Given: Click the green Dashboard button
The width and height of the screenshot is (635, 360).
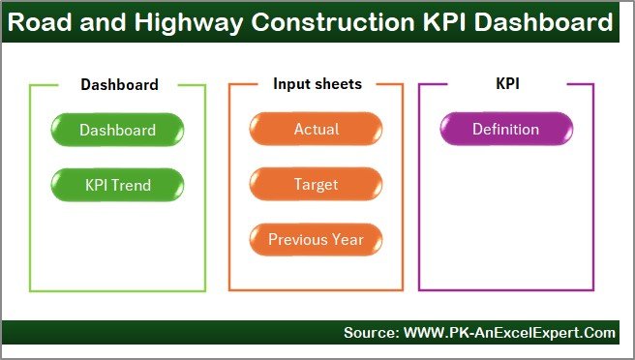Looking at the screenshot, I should click(x=117, y=130).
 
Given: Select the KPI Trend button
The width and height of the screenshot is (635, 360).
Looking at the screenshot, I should click(x=117, y=184).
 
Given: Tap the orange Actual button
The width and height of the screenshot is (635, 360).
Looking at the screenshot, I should click(x=316, y=130).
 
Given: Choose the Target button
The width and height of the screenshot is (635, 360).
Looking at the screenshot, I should click(x=316, y=184).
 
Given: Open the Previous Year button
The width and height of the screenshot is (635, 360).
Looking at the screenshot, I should click(x=316, y=239).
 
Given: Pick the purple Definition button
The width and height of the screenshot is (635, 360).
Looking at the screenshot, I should click(x=505, y=130).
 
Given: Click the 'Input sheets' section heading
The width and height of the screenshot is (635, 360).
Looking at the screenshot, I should click(x=317, y=84).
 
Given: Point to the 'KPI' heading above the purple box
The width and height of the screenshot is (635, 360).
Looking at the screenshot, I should click(x=506, y=84).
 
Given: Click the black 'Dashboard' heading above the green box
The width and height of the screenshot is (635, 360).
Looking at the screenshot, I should click(x=119, y=84).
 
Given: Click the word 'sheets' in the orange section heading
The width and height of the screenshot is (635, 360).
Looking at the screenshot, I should click(x=338, y=84).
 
